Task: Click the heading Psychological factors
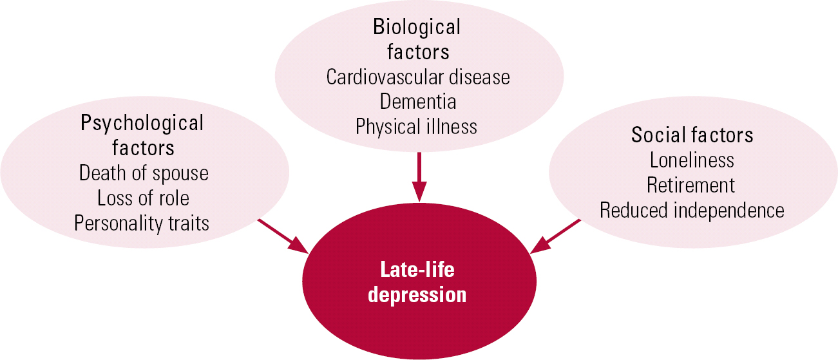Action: point(142,135)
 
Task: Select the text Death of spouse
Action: point(144,173)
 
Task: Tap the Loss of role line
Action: point(143,198)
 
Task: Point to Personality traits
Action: point(142,223)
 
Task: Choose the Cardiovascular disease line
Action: point(418,77)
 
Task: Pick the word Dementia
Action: point(418,102)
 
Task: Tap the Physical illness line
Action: point(417,126)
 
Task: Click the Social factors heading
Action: point(692,135)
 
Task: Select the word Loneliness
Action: point(692,160)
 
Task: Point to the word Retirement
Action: point(691,185)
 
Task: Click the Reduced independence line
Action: point(692,211)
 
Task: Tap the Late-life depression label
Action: point(419,282)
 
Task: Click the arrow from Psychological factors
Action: point(283,236)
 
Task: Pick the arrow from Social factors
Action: point(555,236)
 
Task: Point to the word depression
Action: point(419,295)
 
